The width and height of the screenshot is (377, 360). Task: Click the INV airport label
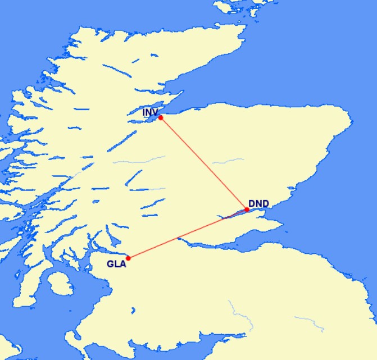150,113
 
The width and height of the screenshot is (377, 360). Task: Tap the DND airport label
258,203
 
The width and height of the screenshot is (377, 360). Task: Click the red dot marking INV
161,118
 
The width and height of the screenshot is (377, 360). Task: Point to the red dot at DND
247,209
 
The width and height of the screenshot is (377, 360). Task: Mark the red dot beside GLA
129,258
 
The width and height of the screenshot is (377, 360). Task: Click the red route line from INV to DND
203,163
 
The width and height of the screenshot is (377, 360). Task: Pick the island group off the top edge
236,7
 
